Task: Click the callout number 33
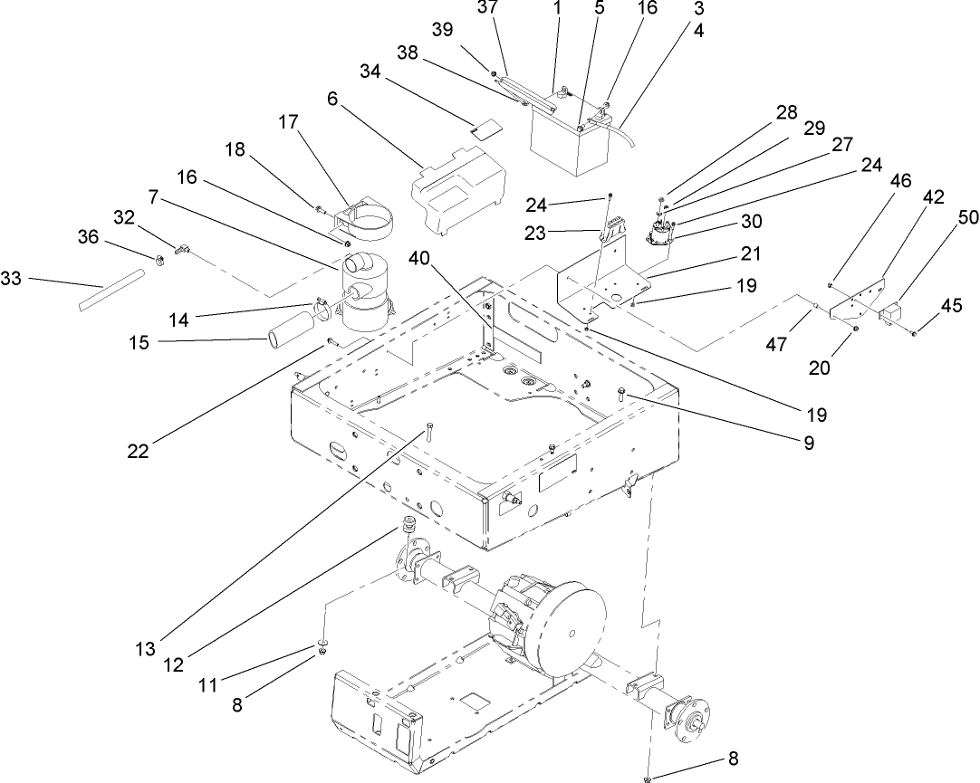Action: click(12, 281)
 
